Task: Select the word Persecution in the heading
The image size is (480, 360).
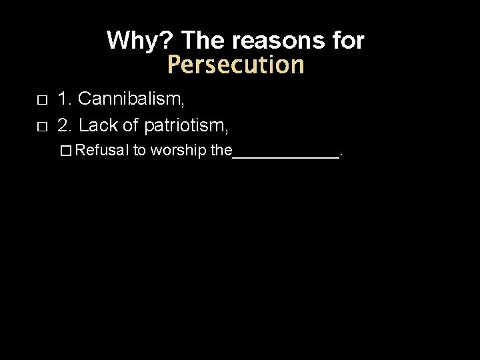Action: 235,65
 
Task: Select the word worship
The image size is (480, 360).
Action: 179,151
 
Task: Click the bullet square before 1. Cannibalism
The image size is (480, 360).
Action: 41,101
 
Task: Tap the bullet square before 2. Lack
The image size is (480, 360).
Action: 41,125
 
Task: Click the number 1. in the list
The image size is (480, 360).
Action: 65,99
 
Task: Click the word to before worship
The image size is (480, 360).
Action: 139,151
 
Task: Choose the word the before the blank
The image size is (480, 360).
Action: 221,151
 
